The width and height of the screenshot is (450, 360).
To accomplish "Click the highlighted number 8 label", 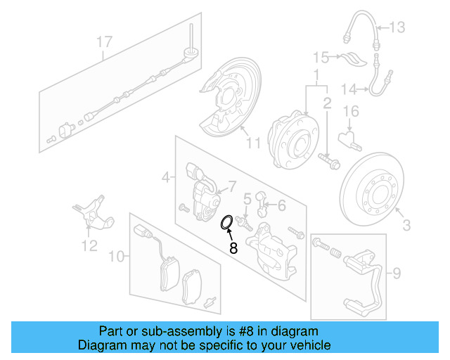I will click(233, 247).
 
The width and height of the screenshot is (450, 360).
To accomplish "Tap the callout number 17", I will click(104, 42).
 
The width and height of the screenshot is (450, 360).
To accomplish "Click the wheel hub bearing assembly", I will click(291, 137).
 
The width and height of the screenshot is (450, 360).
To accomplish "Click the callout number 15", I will click(321, 56).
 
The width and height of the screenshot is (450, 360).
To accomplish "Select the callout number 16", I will click(351, 111).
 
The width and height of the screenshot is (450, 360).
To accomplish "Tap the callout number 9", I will click(396, 271).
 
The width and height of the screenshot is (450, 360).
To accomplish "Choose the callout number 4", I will click(165, 179).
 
